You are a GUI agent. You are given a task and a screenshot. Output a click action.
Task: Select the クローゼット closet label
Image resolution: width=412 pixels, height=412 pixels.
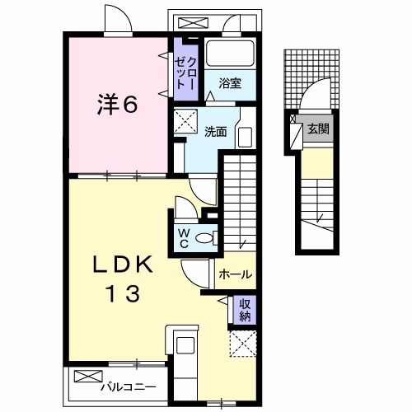click(x=183, y=68)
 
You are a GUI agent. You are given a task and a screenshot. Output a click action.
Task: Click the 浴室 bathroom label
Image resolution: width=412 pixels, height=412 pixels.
click(x=229, y=82)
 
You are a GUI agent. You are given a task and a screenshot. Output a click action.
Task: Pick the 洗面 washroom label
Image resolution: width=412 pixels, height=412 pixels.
click(x=215, y=130)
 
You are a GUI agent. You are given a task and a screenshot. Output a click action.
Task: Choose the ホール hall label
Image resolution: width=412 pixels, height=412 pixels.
click(x=235, y=274)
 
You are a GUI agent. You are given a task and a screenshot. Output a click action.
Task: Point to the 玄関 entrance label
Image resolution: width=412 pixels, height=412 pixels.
click(x=317, y=129)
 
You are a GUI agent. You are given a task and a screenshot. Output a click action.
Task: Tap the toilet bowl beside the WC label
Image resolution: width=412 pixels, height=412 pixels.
click(x=211, y=237)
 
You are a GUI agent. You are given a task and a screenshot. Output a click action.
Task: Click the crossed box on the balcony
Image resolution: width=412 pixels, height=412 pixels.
click(x=86, y=377)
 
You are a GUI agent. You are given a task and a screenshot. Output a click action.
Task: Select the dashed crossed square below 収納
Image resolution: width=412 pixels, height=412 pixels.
click(x=243, y=343)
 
